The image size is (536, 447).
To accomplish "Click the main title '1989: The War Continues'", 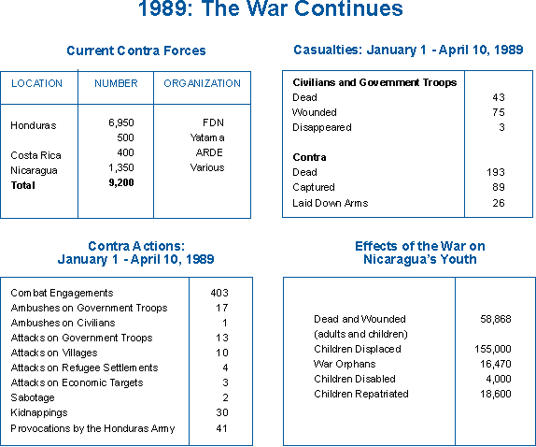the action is [271, 8].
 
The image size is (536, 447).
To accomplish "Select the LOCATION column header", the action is [37, 83].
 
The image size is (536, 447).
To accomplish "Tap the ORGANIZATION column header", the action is [202, 83].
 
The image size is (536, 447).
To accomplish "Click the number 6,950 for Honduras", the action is [121, 123].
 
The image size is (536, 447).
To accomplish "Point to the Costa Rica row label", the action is [35, 155].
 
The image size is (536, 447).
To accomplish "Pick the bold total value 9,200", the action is [121, 182].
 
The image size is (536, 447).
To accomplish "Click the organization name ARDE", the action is [209, 152].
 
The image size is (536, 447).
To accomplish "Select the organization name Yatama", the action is [207, 137].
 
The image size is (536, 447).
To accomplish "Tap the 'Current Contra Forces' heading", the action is [136, 50].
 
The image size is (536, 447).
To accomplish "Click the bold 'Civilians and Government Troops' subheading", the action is [374, 82].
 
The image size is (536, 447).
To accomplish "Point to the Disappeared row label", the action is [322, 127].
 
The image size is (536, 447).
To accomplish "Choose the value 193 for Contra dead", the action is [496, 172].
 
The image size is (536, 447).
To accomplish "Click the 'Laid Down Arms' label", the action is [331, 203].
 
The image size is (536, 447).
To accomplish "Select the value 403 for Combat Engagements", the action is [219, 293].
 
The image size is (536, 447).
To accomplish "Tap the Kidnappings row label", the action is [39, 412].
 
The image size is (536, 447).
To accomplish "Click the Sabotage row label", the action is [33, 397].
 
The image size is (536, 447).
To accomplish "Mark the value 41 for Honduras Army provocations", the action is [221, 428].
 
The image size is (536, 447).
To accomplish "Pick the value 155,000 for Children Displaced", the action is [493, 349].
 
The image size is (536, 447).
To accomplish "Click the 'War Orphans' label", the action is [345, 364].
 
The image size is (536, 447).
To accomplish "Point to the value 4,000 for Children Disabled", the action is [499, 379].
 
